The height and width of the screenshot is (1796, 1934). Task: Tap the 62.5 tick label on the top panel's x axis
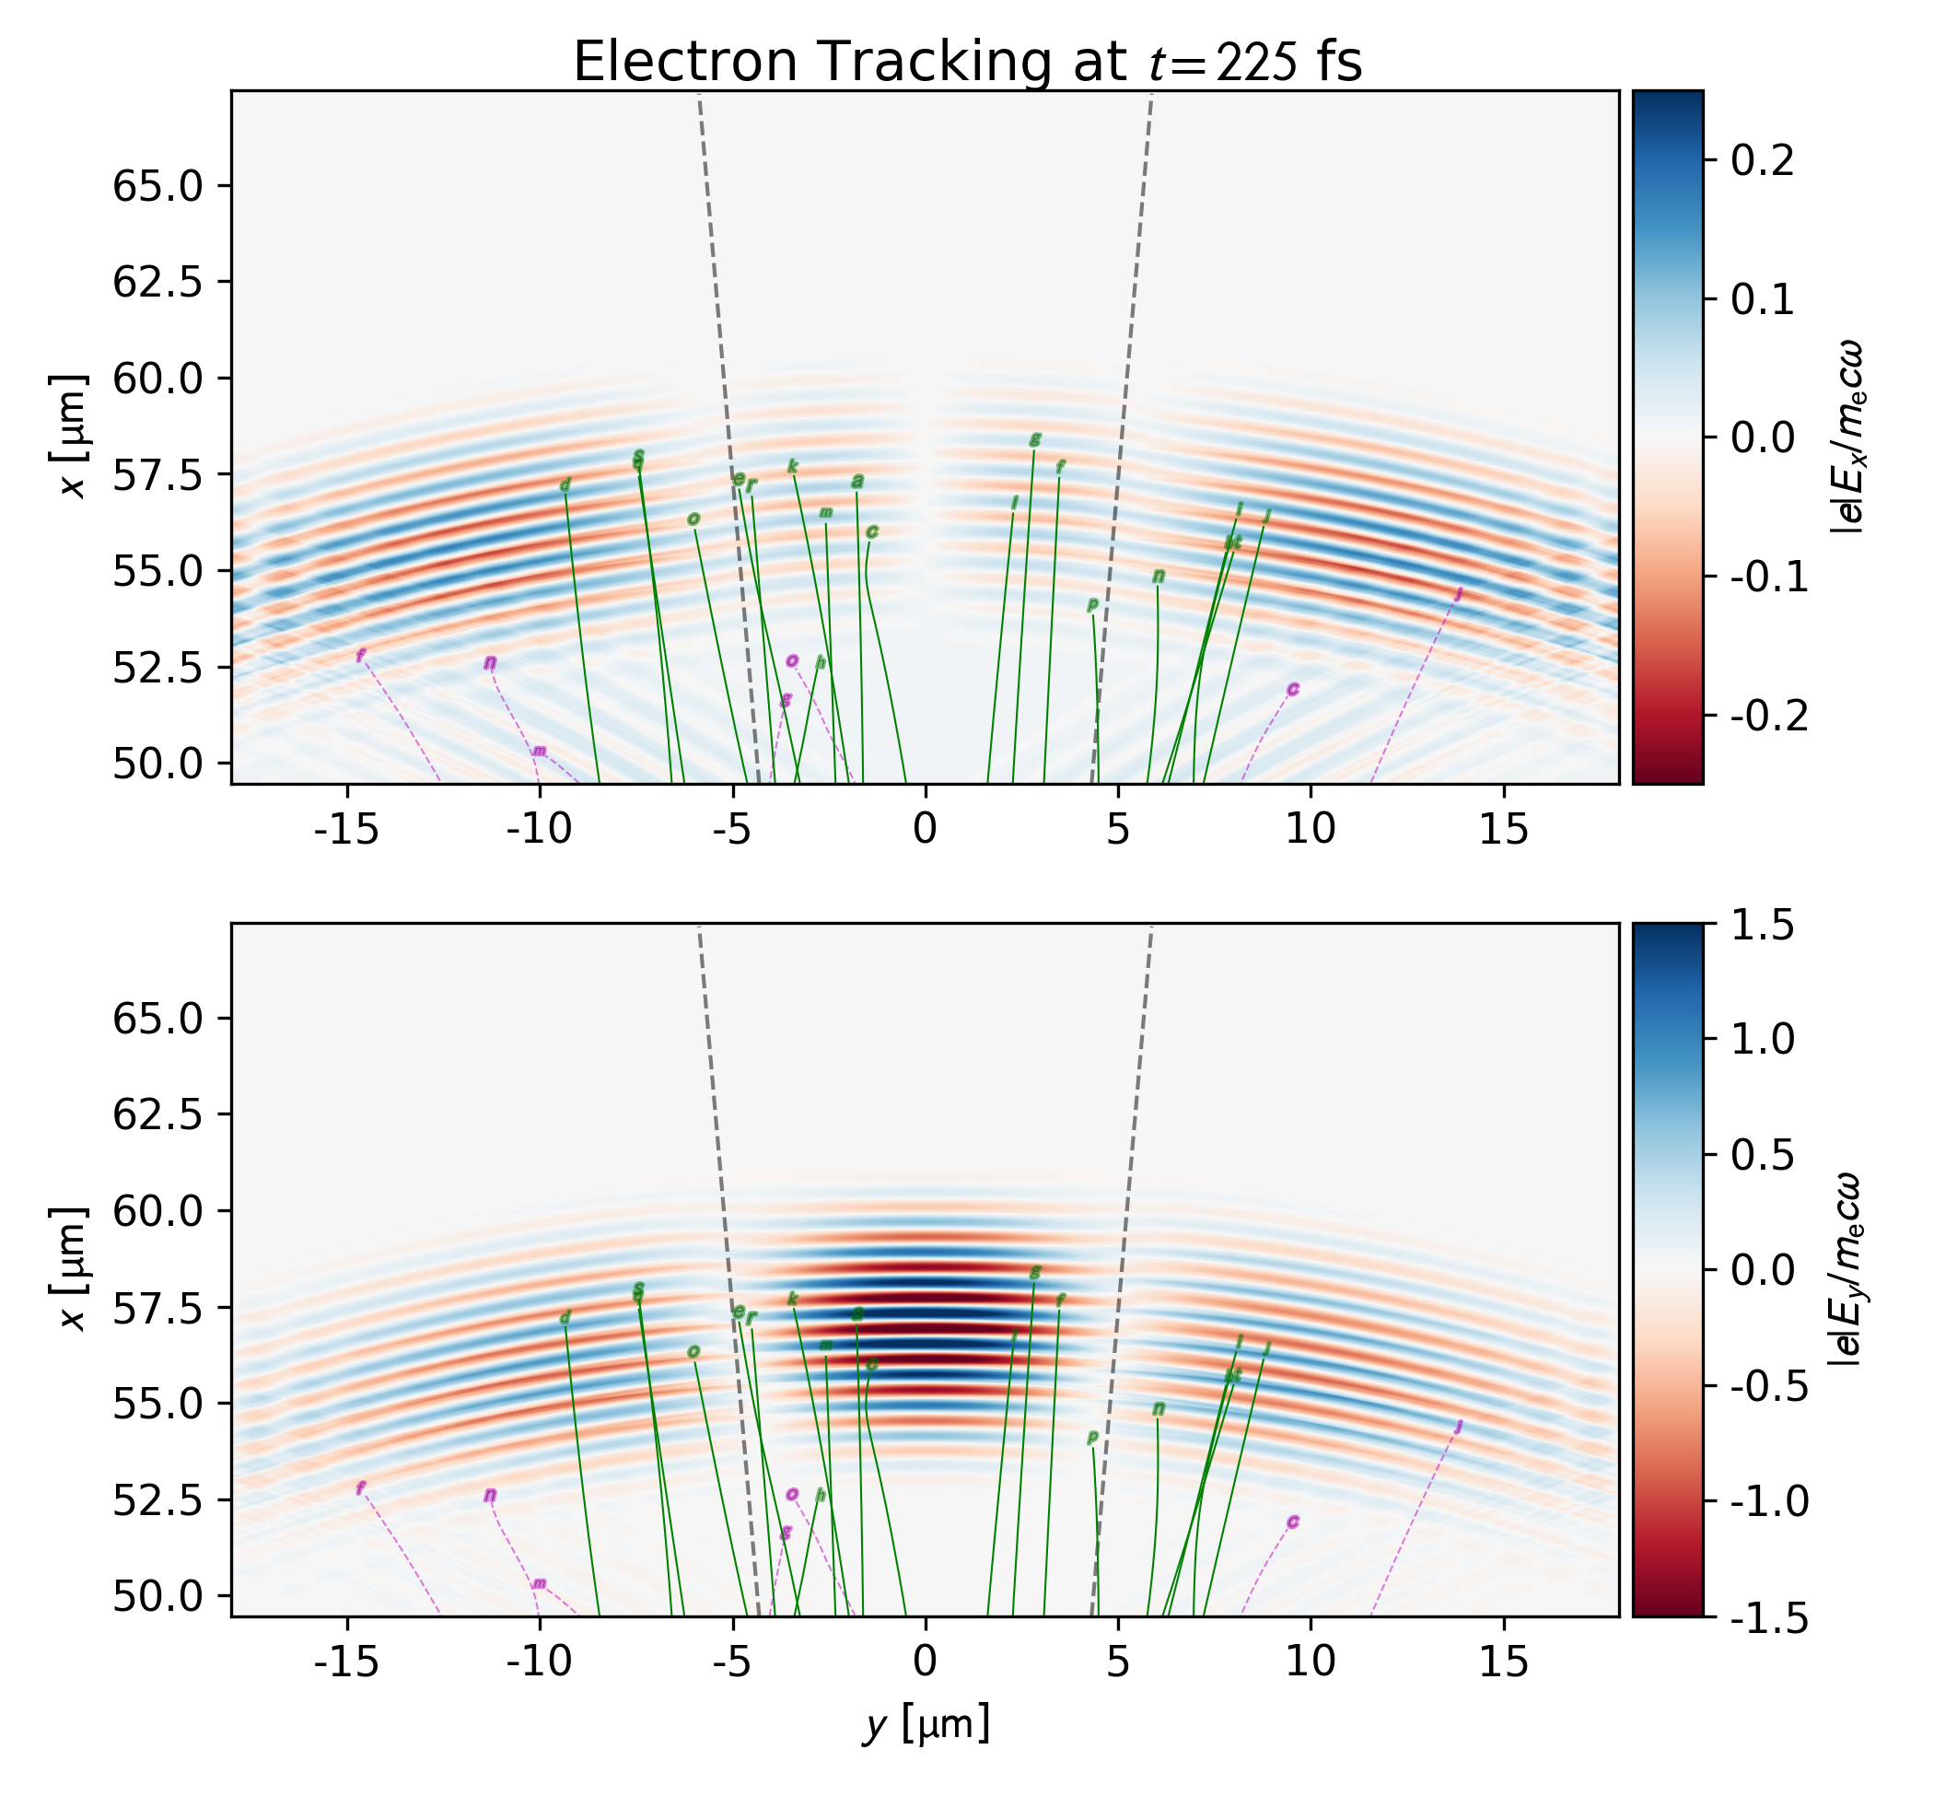pyautogui.click(x=157, y=282)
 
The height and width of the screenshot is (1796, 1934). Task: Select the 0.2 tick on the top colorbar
pyautogui.click(x=1762, y=160)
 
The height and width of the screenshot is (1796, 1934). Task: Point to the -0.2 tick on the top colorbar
pyautogui.click(x=1769, y=716)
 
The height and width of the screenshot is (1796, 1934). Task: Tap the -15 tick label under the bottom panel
pyautogui.click(x=347, y=1662)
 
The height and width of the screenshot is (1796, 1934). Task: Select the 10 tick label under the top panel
pyautogui.click(x=1311, y=829)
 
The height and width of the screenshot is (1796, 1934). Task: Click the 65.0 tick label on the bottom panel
pyautogui.click(x=157, y=1019)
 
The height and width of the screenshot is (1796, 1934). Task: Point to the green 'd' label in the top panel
pyautogui.click(x=565, y=486)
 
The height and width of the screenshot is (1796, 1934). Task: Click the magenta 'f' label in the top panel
pyautogui.click(x=361, y=656)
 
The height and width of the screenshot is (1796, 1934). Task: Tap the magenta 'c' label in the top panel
pyautogui.click(x=1293, y=689)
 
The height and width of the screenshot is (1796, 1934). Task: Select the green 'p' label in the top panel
pyautogui.click(x=1092, y=605)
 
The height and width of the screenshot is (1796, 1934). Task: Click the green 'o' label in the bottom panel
pyautogui.click(x=693, y=1352)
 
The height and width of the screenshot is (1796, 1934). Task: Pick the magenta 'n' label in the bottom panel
pyautogui.click(x=490, y=1496)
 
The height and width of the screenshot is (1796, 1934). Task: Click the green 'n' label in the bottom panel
pyautogui.click(x=1159, y=1409)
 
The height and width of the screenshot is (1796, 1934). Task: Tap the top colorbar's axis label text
pyautogui.click(x=1846, y=437)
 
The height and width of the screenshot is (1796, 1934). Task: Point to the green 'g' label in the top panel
pyautogui.click(x=1035, y=439)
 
